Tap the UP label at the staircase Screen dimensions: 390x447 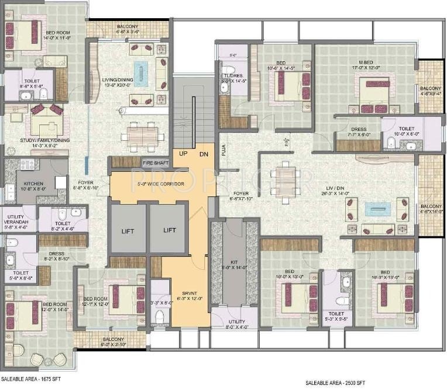click(x=183, y=154)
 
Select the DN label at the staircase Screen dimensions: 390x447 click(x=203, y=154)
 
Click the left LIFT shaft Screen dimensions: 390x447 click(x=128, y=230)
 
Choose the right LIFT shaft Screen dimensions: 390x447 click(x=170, y=230)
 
